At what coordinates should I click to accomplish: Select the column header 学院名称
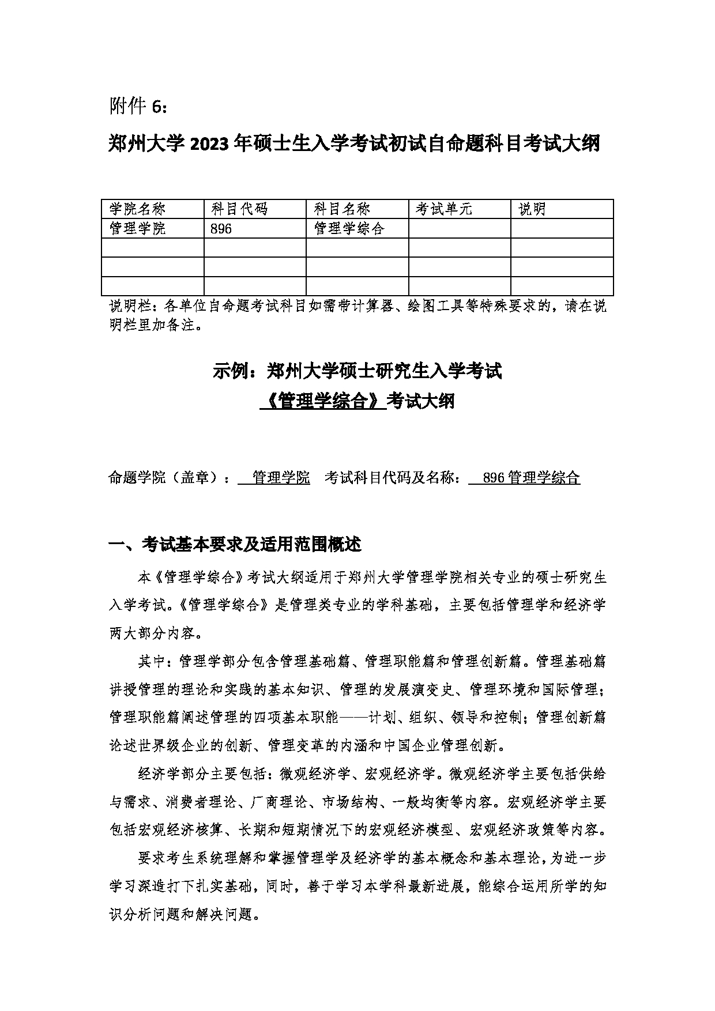point(137,209)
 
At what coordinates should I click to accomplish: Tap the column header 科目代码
point(239,209)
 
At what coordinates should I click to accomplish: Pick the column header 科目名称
point(342,209)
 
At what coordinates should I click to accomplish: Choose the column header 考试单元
point(443,209)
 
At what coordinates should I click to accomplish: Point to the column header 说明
point(532,209)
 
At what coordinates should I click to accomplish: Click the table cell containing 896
point(221,229)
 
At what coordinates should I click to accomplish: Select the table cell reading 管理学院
point(137,229)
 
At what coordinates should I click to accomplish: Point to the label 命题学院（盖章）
point(165,478)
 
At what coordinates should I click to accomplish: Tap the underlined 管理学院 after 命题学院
point(281,478)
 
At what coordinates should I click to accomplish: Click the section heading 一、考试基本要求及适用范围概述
point(235,544)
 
